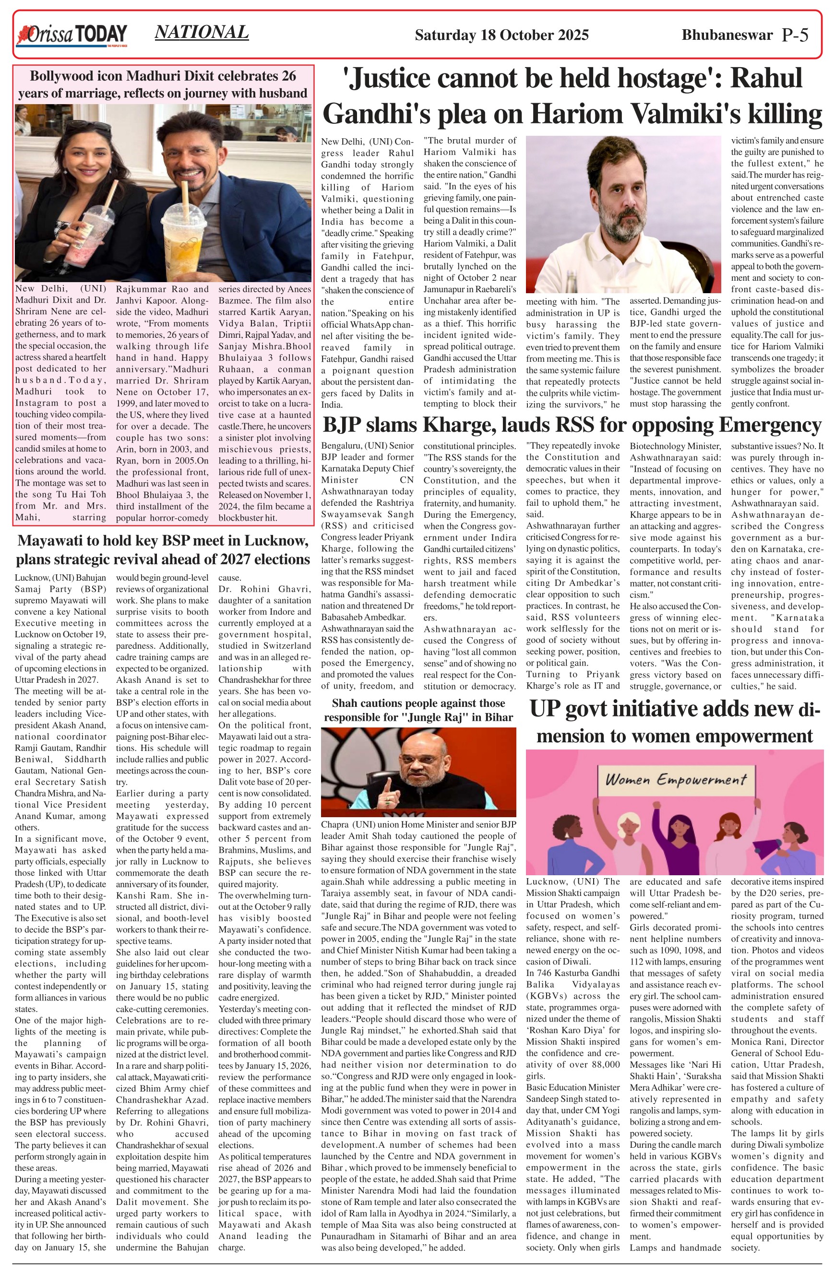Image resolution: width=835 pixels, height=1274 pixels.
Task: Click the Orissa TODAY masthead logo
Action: click(71, 36)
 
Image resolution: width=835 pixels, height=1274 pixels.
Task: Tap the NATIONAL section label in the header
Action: click(201, 32)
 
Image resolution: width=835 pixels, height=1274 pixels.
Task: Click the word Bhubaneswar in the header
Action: click(727, 36)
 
